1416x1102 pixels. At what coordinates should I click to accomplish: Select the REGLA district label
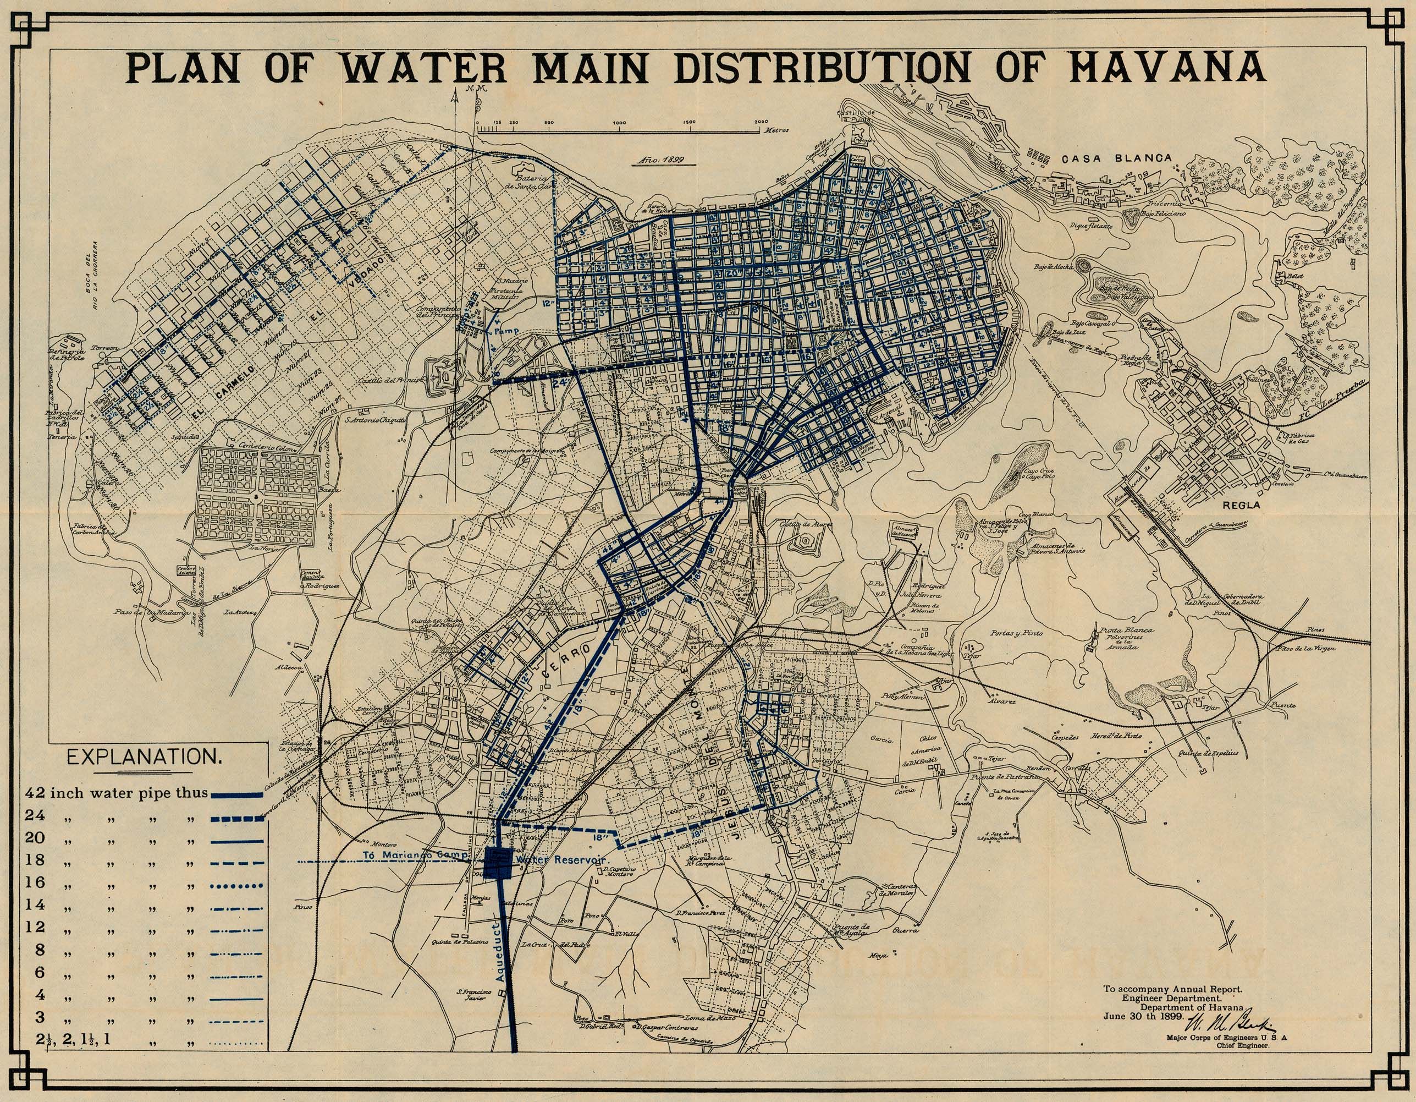(x=1241, y=505)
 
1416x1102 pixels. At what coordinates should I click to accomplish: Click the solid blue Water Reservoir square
(x=498, y=863)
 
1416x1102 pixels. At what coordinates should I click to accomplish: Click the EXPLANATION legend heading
(x=144, y=757)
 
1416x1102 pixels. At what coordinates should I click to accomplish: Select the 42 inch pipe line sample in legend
(x=236, y=794)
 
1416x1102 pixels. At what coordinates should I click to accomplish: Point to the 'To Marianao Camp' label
(x=415, y=855)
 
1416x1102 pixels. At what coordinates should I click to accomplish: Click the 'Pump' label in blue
(x=507, y=331)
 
